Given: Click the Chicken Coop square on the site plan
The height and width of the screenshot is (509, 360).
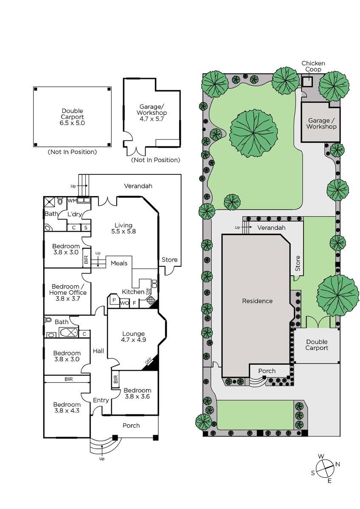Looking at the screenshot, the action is pyautogui.click(x=307, y=81).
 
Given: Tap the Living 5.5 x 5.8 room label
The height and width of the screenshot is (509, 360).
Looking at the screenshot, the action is pyautogui.click(x=124, y=228).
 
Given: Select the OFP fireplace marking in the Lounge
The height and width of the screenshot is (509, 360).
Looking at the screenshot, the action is pyautogui.click(x=148, y=361).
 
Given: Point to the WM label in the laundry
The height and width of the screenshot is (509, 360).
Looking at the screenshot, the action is pyautogui.click(x=72, y=201).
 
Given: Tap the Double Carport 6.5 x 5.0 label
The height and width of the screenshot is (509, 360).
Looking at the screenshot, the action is pyautogui.click(x=73, y=117).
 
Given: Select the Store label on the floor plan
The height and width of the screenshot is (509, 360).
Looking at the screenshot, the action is pyautogui.click(x=169, y=260).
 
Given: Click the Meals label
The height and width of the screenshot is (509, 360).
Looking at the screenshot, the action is pyautogui.click(x=119, y=263).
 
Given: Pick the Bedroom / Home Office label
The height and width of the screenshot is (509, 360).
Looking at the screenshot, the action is pyautogui.click(x=68, y=292).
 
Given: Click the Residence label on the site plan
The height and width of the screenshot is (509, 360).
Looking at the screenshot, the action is pyautogui.click(x=257, y=301).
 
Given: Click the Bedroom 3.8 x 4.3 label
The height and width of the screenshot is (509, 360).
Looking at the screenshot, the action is pyautogui.click(x=67, y=408).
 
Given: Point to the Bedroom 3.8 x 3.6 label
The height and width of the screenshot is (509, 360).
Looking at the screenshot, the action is pyautogui.click(x=138, y=393).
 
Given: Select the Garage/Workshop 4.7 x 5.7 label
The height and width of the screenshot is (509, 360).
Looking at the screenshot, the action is pyautogui.click(x=152, y=112).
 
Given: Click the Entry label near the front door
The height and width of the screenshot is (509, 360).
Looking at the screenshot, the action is pyautogui.click(x=101, y=400).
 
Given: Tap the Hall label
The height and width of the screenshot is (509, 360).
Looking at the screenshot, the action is pyautogui.click(x=98, y=351).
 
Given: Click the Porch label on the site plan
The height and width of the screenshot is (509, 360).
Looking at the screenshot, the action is pyautogui.click(x=267, y=371).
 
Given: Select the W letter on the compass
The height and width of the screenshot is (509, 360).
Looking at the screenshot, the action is pyautogui.click(x=321, y=456).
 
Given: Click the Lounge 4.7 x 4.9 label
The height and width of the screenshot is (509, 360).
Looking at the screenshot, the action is pyautogui.click(x=133, y=336).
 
